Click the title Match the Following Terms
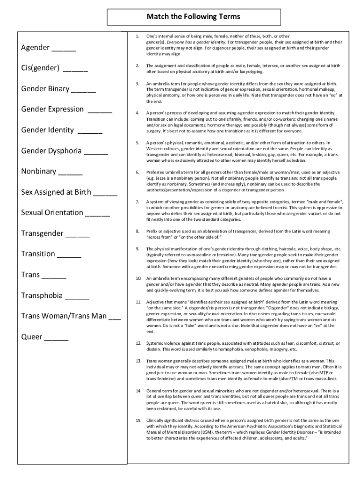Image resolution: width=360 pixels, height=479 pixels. [x=193, y=17]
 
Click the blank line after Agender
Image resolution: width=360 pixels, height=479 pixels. [x=64, y=49]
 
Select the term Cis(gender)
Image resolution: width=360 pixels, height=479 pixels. [x=40, y=68]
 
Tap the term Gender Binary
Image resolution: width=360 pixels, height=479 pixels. [x=45, y=89]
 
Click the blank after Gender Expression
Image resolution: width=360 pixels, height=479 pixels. [x=100, y=110]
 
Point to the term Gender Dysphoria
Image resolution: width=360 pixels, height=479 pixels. [x=51, y=151]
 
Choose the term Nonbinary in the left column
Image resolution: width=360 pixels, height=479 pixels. [x=39, y=171]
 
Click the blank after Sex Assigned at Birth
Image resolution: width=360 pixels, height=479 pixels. [x=105, y=193]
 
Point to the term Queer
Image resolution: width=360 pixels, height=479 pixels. [x=32, y=337]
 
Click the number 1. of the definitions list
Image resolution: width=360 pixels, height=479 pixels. [x=137, y=36]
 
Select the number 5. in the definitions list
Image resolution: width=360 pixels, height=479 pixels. [x=137, y=142]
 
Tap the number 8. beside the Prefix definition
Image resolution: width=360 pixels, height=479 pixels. [x=137, y=231]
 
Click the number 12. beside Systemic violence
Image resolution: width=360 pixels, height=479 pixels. [x=138, y=343]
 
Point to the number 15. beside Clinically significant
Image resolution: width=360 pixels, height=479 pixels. [x=138, y=420]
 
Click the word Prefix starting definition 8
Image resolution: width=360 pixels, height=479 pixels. [x=153, y=231]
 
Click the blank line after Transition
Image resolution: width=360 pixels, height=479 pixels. [x=70, y=255]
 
